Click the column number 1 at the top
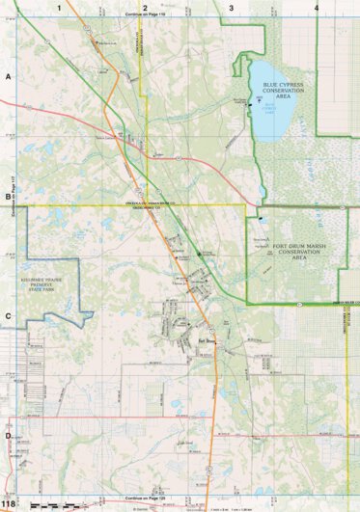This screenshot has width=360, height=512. point(59,7)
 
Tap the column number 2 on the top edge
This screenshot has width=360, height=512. point(144,7)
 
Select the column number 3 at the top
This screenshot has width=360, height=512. point(231,7)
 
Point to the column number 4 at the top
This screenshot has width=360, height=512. point(317,7)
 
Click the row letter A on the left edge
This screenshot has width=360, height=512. point(8,74)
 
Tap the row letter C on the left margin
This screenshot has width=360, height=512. point(8,316)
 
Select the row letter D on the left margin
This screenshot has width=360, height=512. point(8,436)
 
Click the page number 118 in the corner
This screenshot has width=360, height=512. point(10,503)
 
